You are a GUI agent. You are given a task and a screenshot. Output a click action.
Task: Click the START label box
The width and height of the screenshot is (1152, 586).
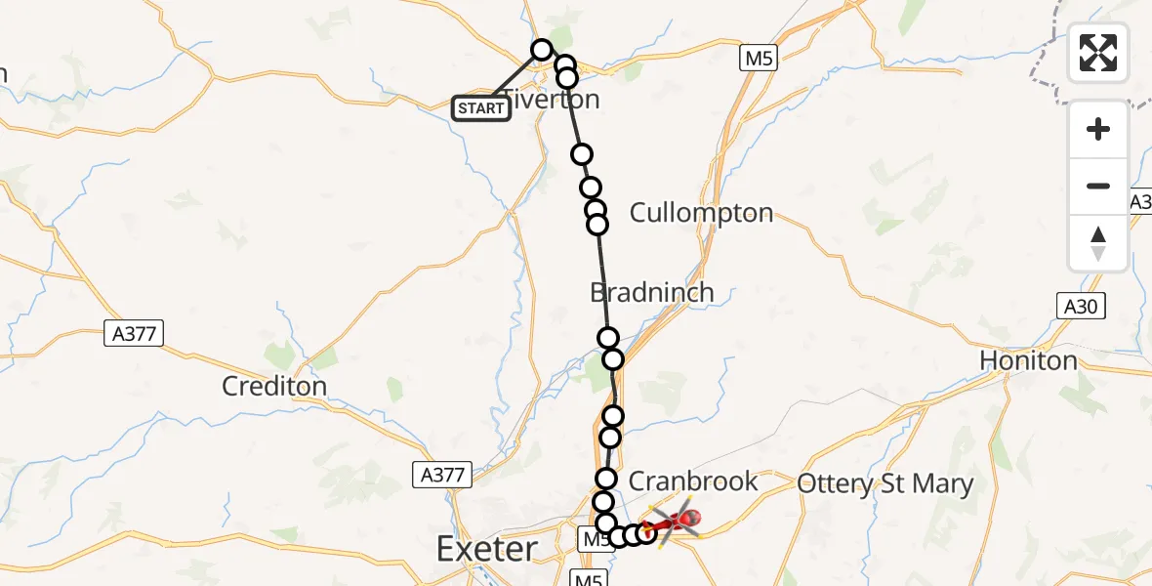click(x=481, y=107)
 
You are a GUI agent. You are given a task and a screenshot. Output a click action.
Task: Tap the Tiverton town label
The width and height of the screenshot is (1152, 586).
click(x=553, y=100)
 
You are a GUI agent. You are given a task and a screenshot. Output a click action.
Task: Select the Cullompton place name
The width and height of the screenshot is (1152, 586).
click(x=701, y=213)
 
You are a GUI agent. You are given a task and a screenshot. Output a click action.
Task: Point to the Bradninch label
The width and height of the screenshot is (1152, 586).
click(x=651, y=292)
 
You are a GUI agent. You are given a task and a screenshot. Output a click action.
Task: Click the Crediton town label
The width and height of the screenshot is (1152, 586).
click(x=274, y=386)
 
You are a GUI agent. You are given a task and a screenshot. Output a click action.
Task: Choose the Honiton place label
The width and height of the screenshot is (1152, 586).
click(x=1029, y=361)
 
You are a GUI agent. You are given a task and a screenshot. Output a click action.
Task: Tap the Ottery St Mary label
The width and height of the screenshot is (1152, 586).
click(x=885, y=483)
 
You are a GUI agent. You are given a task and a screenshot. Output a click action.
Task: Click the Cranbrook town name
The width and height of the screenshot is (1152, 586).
click(x=693, y=481)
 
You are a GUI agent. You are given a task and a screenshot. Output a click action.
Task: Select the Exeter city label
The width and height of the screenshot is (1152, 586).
click(x=487, y=549)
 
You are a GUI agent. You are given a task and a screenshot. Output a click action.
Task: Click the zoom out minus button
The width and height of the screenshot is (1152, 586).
click(x=1098, y=186)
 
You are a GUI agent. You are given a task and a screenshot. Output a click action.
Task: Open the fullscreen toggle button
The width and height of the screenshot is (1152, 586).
click(x=1098, y=52)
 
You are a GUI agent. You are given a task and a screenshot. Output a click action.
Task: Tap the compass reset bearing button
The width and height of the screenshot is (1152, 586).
click(x=1098, y=243)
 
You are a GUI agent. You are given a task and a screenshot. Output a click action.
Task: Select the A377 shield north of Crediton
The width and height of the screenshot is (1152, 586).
click(x=134, y=334)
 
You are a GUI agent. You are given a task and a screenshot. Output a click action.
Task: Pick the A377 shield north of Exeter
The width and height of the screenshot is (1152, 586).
click(x=442, y=475)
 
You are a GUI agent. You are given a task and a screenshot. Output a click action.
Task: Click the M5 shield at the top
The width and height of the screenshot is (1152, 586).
click(x=758, y=58)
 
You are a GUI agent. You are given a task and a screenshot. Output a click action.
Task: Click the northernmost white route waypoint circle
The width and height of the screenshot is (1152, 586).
click(x=542, y=49)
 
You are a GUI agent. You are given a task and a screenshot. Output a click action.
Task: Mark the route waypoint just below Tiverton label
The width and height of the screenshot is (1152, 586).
click(x=582, y=154)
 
